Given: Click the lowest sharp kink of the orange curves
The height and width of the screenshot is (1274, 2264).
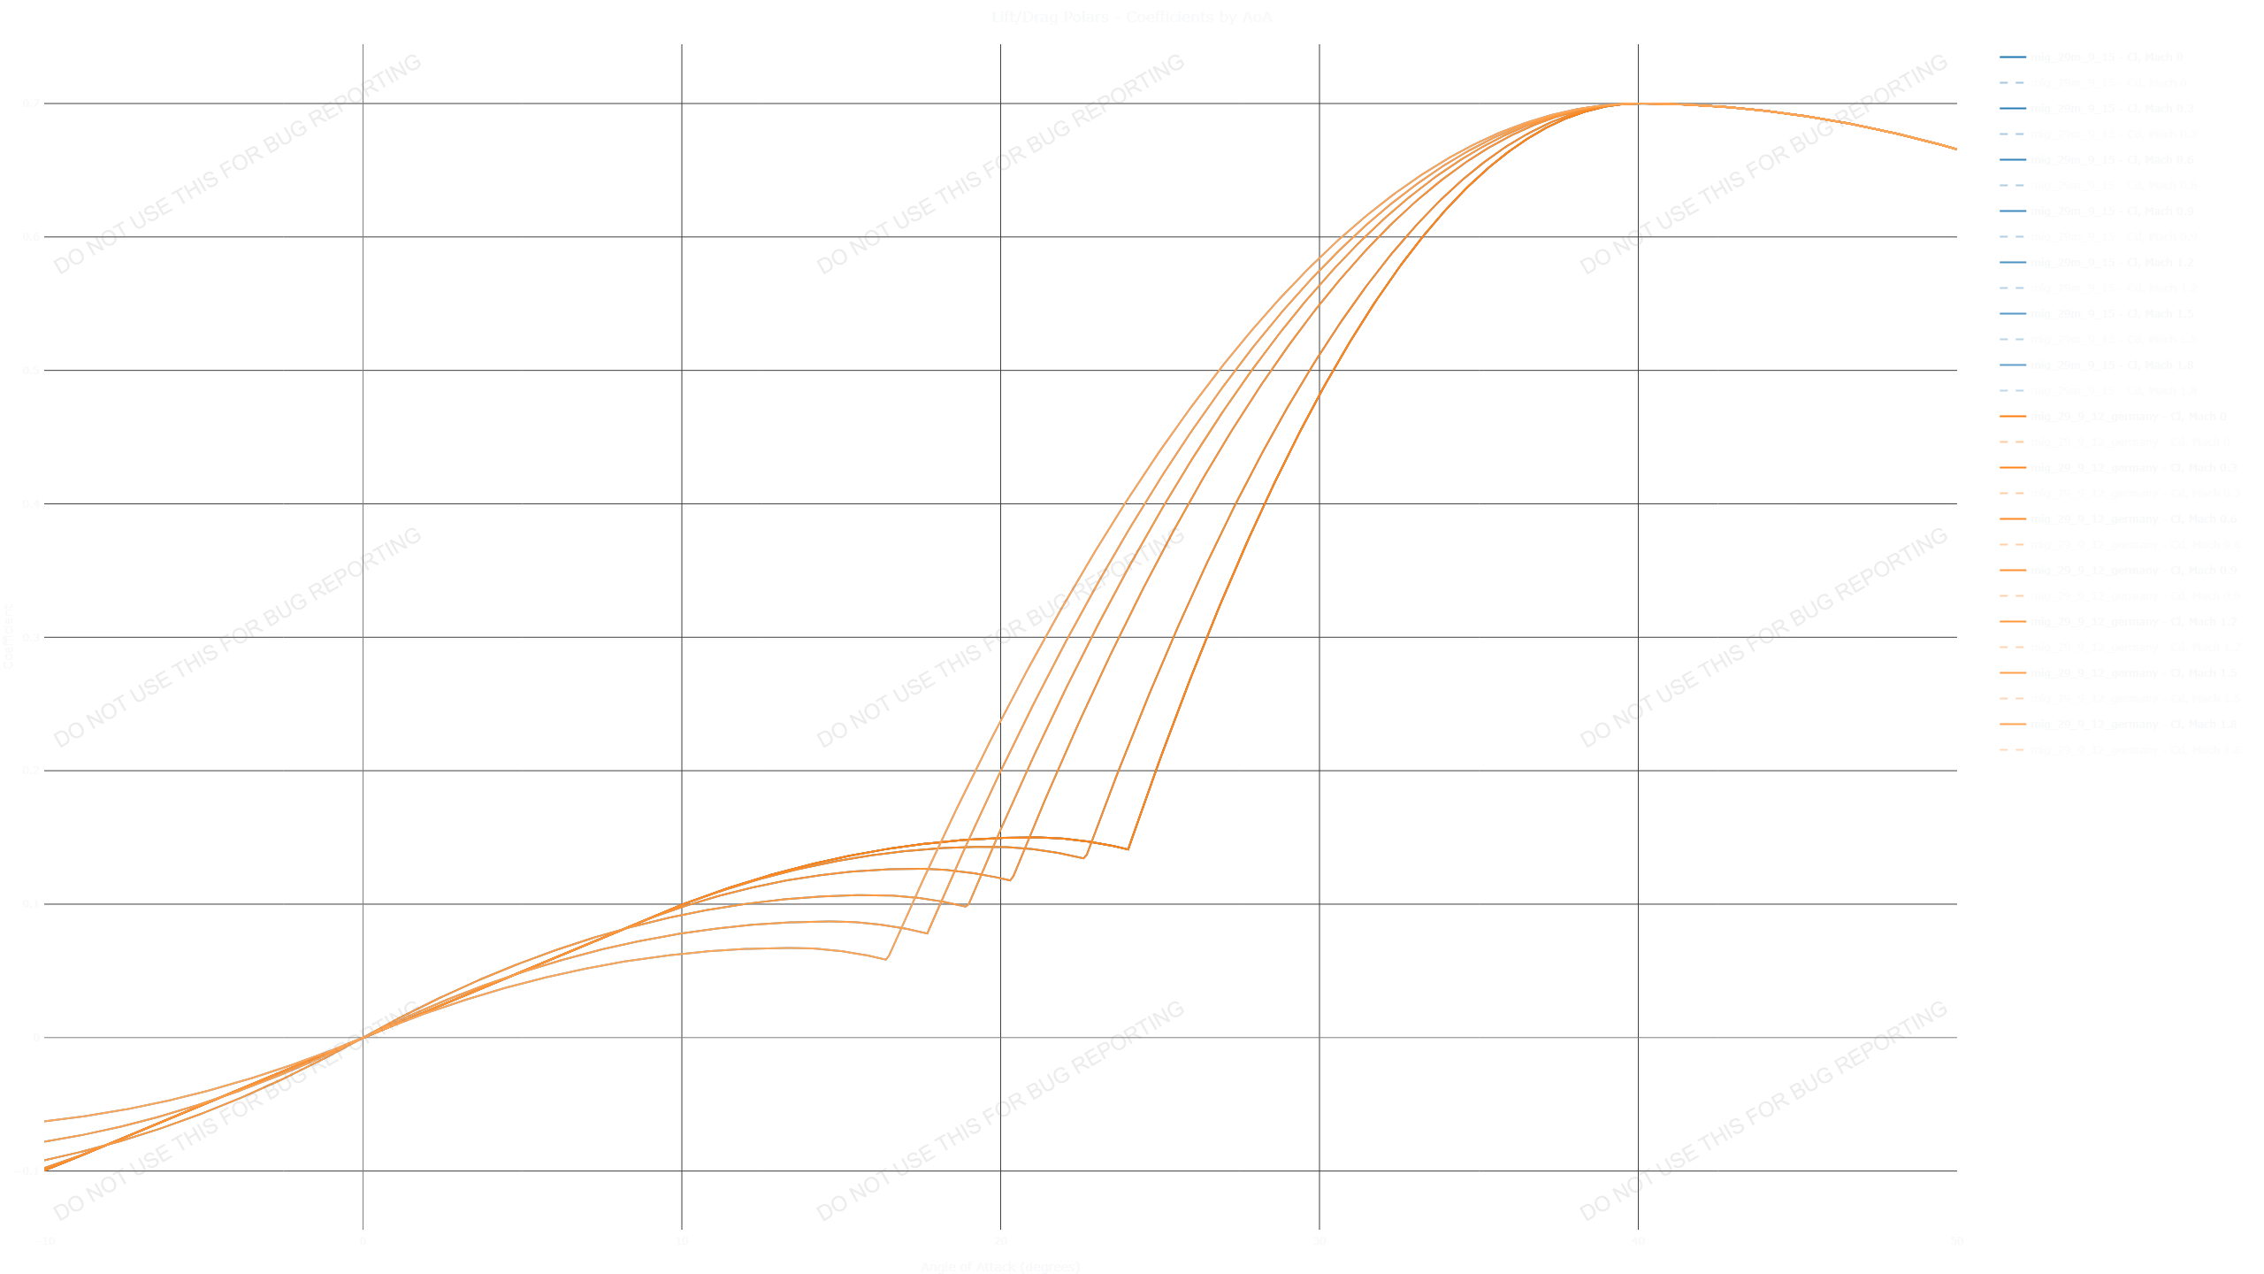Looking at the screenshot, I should click(886, 959).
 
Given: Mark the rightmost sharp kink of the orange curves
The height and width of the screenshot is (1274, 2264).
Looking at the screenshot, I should click(1128, 849).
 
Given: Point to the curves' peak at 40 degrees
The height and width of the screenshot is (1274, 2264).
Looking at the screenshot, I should click(1638, 104).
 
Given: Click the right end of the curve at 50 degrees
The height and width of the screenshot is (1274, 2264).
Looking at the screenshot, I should click(1955, 149).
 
